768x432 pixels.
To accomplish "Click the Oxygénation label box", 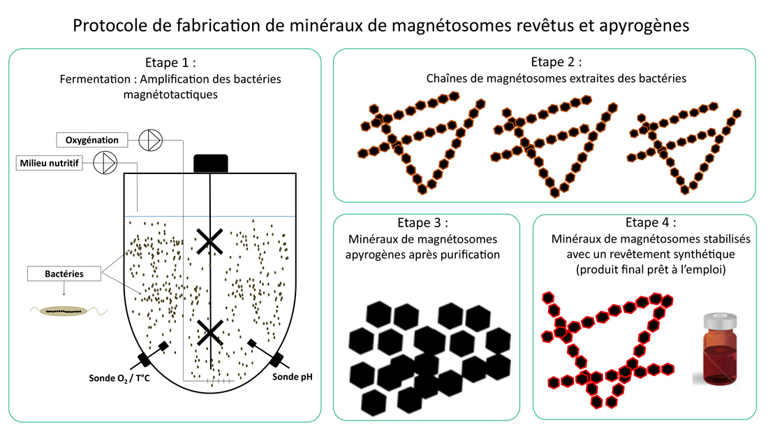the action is [x=92, y=140].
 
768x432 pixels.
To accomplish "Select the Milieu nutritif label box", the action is [x=49, y=163].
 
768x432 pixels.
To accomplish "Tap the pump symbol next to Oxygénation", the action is [x=150, y=141].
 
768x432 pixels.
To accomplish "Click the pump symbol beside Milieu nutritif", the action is [x=105, y=163].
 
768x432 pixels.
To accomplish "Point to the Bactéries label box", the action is [x=64, y=273].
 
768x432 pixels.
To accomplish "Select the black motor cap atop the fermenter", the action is [x=211, y=164].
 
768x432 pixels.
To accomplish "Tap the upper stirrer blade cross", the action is [x=209, y=241].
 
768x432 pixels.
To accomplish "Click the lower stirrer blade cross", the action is [x=209, y=333].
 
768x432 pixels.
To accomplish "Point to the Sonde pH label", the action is [x=292, y=377].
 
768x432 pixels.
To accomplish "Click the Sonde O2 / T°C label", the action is [x=119, y=378].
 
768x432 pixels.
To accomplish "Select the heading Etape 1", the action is [x=170, y=62].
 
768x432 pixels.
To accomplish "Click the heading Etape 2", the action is [x=556, y=62].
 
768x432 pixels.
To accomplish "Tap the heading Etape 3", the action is [x=422, y=222].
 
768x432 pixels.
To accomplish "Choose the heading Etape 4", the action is [x=651, y=222].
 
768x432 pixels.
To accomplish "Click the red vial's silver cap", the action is [x=720, y=322].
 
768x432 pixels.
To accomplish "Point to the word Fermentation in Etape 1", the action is [x=95, y=79].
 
